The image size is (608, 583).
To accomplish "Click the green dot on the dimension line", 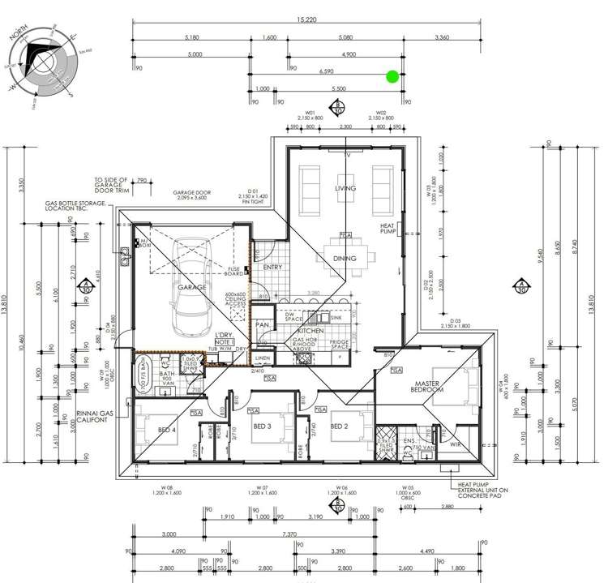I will pos(392,77).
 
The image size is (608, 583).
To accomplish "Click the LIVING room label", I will pos(346,188).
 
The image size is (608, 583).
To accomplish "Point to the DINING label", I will pos(346,259).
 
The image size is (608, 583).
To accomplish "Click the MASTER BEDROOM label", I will pos(426,387).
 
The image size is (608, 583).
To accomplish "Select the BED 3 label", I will pos(261,426).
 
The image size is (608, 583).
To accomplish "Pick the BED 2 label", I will pos(339,426).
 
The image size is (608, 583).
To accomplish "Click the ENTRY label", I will pos(272,268).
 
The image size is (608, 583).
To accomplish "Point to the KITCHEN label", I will pos(310,332).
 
